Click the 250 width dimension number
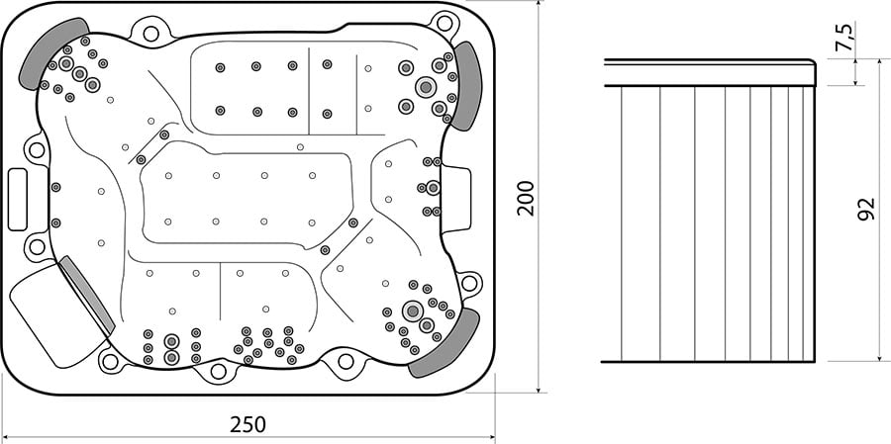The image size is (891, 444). pyautogui.click(x=247, y=424)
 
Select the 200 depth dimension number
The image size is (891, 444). pyautogui.click(x=527, y=198)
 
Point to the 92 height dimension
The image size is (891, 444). pyautogui.click(x=866, y=210)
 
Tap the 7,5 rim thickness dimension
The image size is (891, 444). pyautogui.click(x=846, y=38)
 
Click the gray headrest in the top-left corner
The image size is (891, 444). pyautogui.click(x=52, y=50)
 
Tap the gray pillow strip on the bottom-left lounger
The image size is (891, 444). pyautogui.click(x=87, y=294)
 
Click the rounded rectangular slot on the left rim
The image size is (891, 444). pyautogui.click(x=18, y=200)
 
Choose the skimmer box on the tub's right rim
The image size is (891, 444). pyautogui.click(x=455, y=200)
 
